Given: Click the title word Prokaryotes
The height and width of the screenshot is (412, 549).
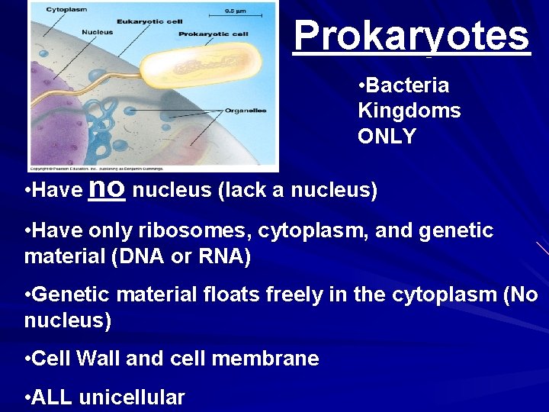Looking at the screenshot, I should tap(411, 35).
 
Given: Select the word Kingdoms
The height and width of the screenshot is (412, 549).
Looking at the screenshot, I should tap(409, 111).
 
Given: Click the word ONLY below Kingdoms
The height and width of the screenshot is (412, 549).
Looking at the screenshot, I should tap(387, 137).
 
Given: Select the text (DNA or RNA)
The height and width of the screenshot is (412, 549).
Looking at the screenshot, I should tap(181, 257).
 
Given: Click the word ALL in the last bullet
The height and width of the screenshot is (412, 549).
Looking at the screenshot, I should tap(54, 397).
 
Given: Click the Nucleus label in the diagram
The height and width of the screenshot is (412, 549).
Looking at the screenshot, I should tap(98, 32).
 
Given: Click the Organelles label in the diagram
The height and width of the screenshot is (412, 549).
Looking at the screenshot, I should tap(246, 111).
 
